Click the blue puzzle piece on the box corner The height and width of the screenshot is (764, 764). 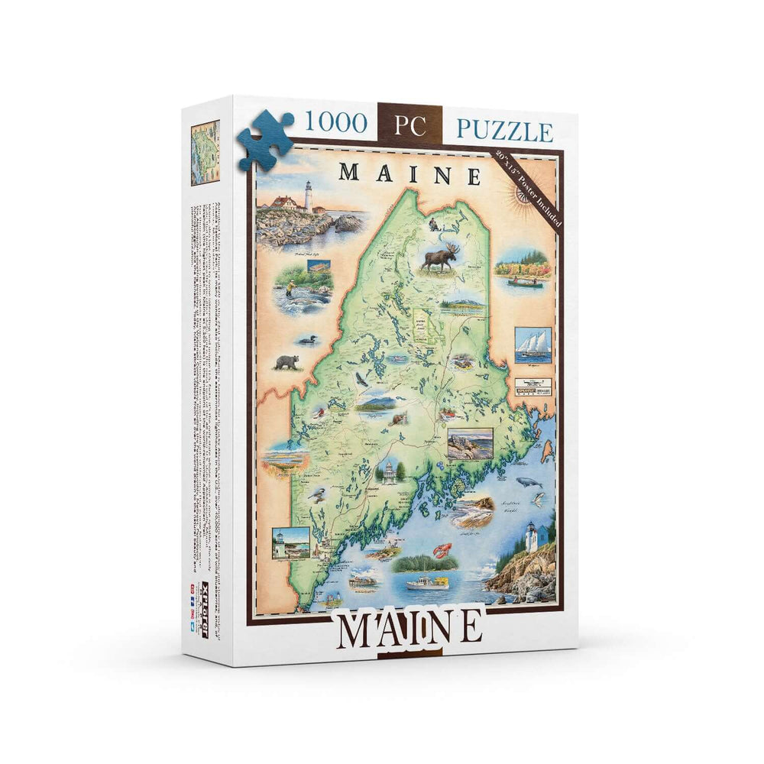(x=264, y=140)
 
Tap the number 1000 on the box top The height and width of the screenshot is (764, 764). (x=337, y=122)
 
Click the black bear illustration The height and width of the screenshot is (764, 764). (x=286, y=361)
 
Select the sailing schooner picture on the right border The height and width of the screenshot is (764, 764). (x=533, y=345)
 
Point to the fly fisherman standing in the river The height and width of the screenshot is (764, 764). (x=290, y=290)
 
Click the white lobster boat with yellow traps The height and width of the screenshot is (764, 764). (x=430, y=583)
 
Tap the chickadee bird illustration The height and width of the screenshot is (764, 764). (x=319, y=496)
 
